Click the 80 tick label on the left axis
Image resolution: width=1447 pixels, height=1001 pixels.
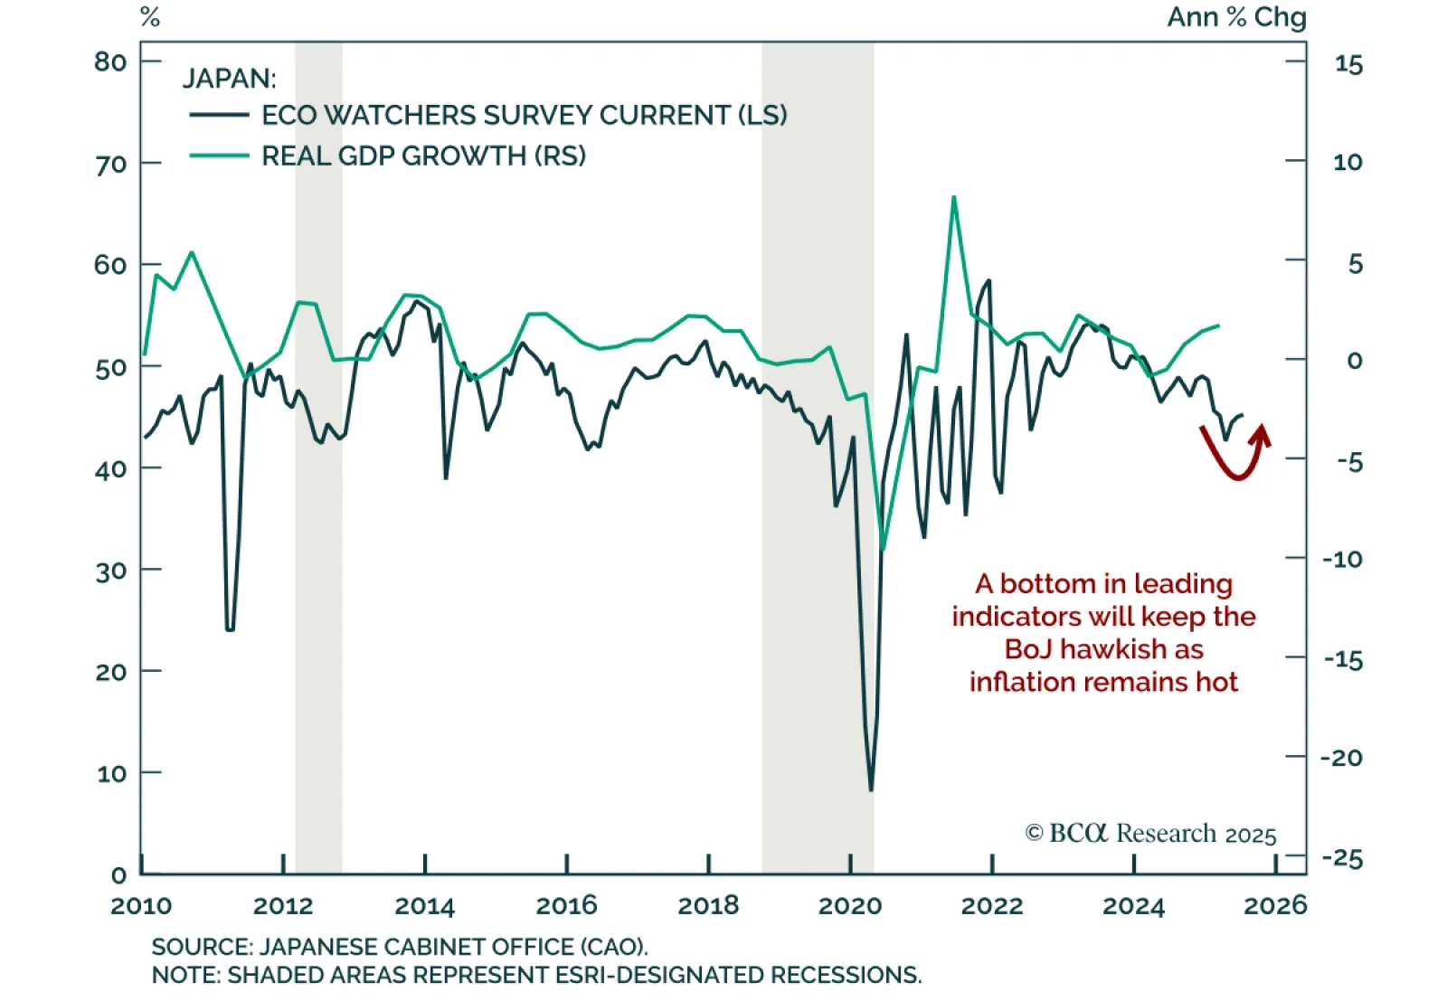(x=110, y=61)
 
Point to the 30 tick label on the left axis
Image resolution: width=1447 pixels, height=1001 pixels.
(x=111, y=571)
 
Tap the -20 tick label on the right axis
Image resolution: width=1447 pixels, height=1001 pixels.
(x=1341, y=758)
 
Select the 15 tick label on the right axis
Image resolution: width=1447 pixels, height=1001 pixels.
(x=1348, y=65)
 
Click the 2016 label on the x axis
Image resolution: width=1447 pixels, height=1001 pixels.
(x=567, y=905)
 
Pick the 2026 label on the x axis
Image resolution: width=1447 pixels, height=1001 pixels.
(x=1275, y=905)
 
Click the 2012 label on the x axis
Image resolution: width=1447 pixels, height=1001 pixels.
(x=283, y=905)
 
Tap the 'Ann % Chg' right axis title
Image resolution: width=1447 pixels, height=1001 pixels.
(x=1236, y=17)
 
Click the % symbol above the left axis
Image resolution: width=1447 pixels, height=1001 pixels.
(x=150, y=17)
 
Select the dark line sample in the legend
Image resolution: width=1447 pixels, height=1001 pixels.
(x=219, y=115)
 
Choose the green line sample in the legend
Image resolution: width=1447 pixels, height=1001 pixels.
(x=219, y=156)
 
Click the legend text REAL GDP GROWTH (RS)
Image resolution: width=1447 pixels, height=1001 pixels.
(x=423, y=156)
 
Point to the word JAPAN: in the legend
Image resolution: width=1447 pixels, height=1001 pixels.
(x=229, y=79)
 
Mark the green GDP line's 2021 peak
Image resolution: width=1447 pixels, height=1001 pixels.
(x=953, y=197)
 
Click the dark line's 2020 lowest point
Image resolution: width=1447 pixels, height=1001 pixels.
(x=871, y=790)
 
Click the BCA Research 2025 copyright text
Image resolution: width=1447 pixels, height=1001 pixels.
(x=1150, y=833)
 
